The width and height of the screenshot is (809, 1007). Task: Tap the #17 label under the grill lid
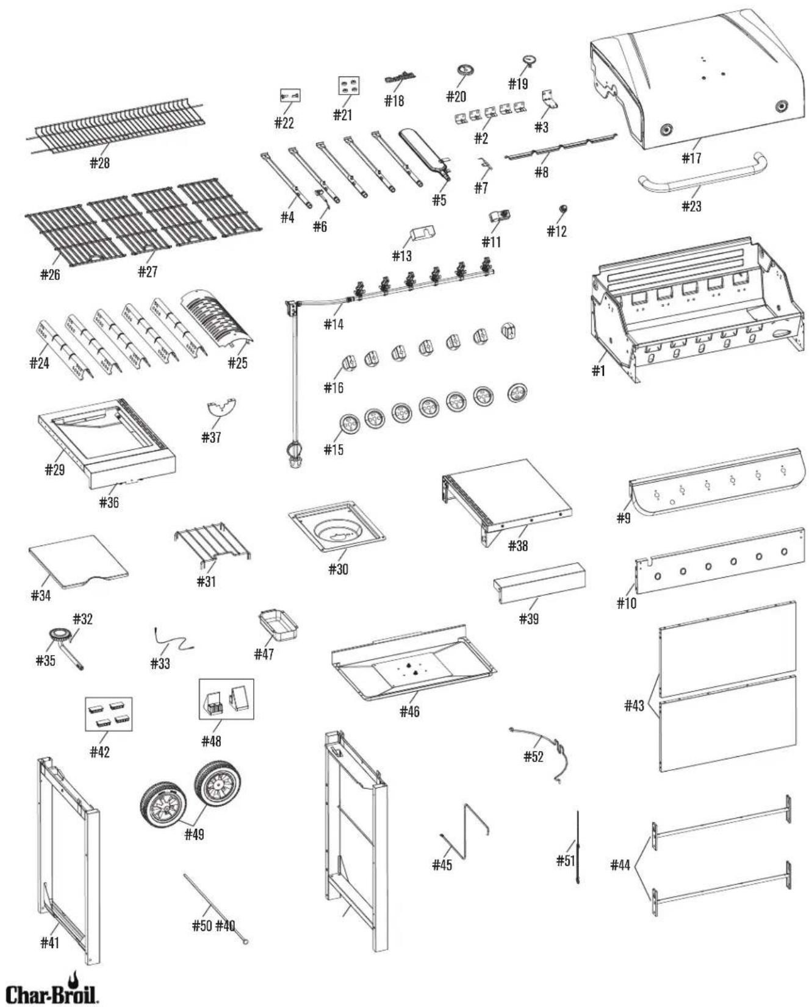(x=691, y=159)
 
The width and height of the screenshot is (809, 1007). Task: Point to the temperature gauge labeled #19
(x=528, y=61)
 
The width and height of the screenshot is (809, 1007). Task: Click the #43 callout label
(x=634, y=706)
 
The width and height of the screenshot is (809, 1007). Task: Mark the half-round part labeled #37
(x=221, y=406)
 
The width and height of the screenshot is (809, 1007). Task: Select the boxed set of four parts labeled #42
(x=108, y=714)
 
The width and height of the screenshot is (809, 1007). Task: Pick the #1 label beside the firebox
(x=599, y=370)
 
